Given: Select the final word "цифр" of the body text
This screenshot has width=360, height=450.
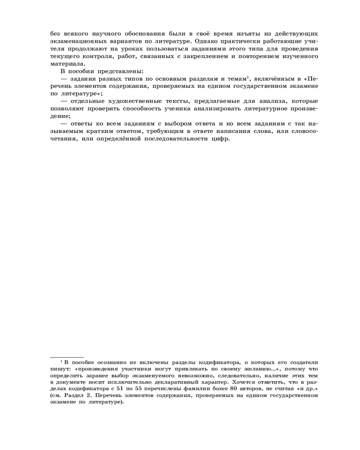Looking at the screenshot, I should click(x=221, y=139).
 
